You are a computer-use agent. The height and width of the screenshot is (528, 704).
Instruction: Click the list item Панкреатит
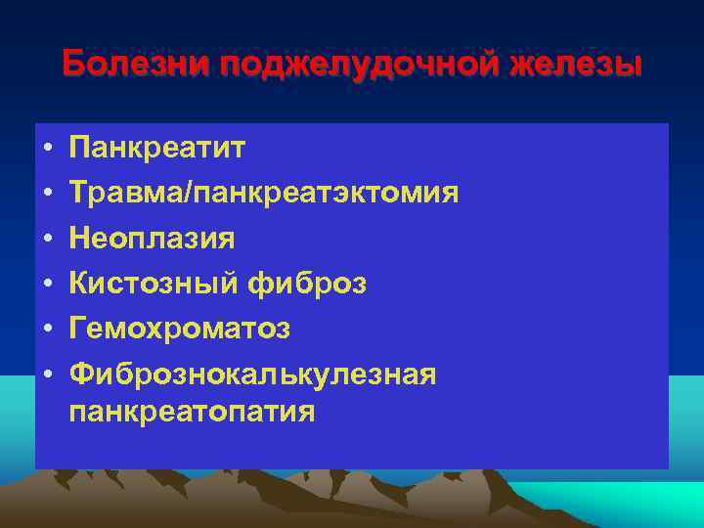pyautogui.click(x=157, y=149)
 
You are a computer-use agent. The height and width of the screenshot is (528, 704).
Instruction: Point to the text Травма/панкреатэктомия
pyautogui.click(x=264, y=193)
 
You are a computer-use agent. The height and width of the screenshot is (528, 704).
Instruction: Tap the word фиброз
pyautogui.click(x=308, y=284)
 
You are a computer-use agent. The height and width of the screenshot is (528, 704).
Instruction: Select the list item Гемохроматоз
pyautogui.click(x=179, y=329)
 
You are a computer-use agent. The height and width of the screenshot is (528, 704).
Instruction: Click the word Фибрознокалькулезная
pyautogui.click(x=252, y=374)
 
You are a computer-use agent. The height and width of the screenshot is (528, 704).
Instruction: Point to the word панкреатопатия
pyautogui.click(x=193, y=412)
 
